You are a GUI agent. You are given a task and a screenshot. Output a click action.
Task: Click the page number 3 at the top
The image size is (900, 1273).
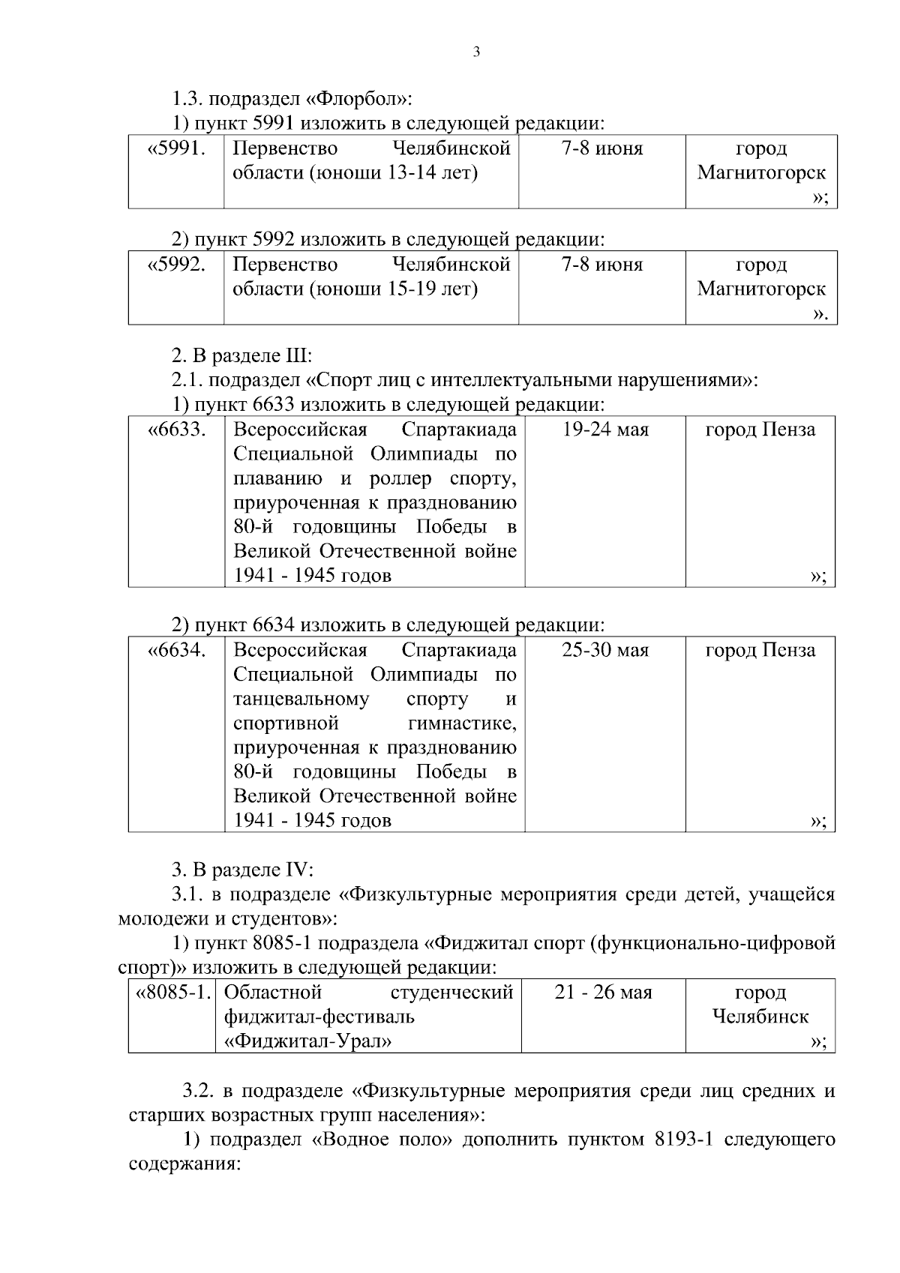[477, 52]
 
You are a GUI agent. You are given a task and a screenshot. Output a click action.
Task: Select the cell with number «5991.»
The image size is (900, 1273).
[177, 148]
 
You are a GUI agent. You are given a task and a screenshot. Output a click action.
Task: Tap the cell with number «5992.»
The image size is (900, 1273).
[177, 265]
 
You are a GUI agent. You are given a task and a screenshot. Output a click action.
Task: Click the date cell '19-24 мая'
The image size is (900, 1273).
[605, 430]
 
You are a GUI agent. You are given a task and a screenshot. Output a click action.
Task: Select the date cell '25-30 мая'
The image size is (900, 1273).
[605, 650]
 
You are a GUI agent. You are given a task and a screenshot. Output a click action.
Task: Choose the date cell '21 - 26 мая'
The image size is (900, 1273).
[603, 993]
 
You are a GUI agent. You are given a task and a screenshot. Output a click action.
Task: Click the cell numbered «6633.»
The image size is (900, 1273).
[177, 430]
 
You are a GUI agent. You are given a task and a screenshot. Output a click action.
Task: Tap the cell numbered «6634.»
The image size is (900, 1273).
[177, 650]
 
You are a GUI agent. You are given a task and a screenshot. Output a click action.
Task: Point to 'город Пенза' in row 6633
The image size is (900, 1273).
[760, 430]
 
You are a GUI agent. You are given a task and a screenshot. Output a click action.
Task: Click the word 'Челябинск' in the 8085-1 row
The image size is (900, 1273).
[760, 1017]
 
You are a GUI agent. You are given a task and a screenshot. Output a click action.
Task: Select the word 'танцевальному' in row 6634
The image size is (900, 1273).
[301, 699]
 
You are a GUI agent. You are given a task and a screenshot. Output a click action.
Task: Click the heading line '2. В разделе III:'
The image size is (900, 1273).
[241, 355]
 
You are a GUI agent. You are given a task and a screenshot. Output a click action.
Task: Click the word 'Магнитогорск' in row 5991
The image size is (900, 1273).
[761, 173]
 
